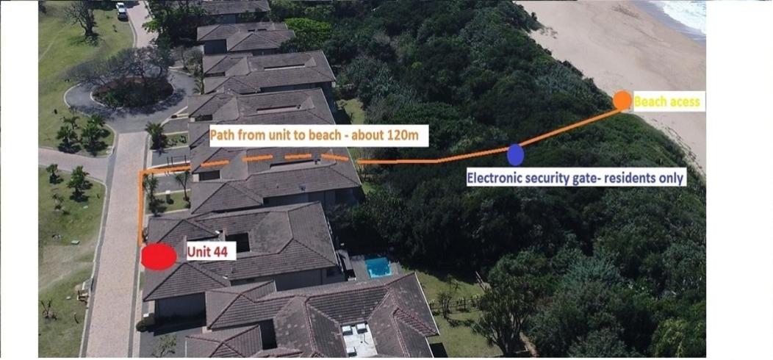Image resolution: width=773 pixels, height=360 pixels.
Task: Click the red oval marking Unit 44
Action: (x=159, y=257)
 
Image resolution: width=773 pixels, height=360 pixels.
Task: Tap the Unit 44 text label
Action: (x=207, y=253)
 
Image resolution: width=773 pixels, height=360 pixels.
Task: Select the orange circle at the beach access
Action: (x=622, y=101)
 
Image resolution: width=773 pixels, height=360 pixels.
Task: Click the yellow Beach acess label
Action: (x=666, y=102)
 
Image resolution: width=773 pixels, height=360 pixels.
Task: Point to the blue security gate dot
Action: (x=515, y=154)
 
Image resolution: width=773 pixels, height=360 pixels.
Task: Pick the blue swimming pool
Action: (x=378, y=267)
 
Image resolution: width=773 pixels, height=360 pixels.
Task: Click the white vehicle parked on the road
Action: (x=121, y=11)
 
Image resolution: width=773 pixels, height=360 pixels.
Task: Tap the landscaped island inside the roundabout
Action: (x=132, y=91)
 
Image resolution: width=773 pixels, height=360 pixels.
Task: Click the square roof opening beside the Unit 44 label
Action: (x=238, y=241)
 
